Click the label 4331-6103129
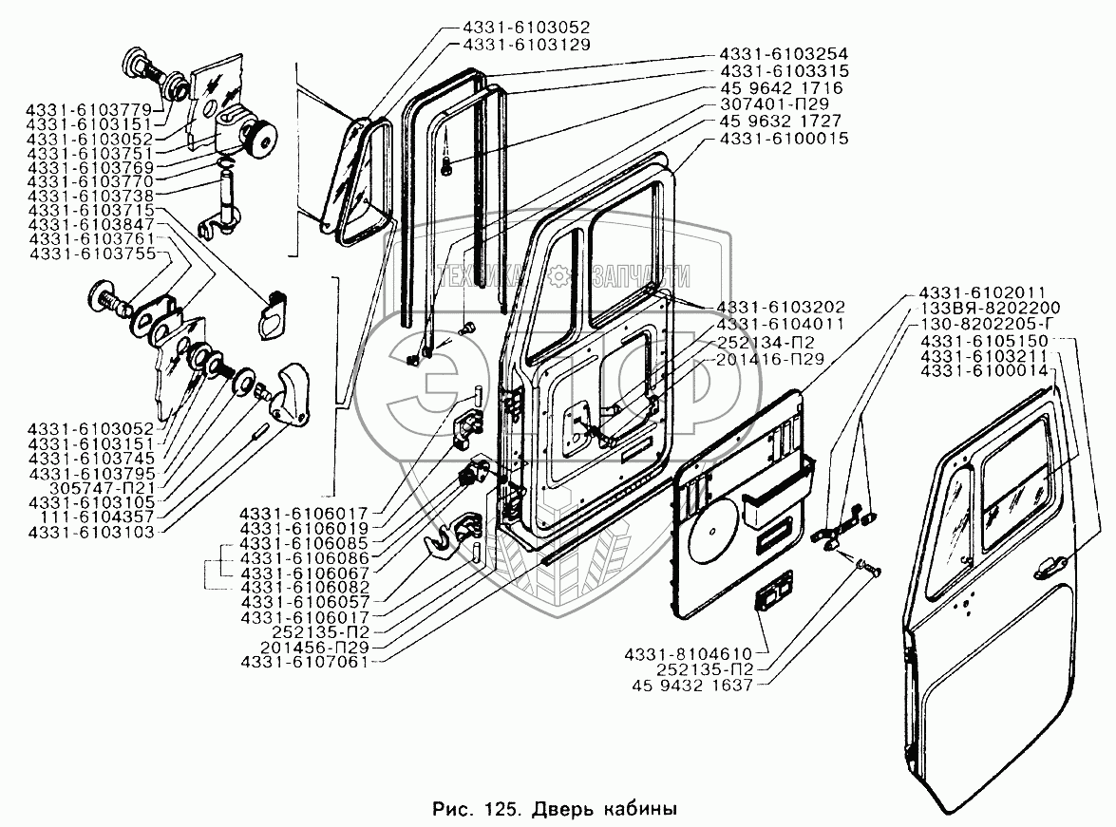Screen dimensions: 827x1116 tap(527, 44)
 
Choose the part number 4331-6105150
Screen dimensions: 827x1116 tap(985, 341)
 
